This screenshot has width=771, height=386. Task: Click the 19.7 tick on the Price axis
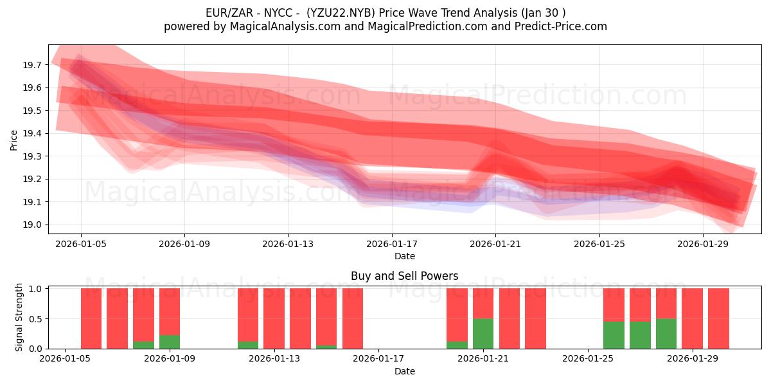pyautogui.click(x=32, y=65)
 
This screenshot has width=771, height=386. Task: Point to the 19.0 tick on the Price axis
pyautogui.click(x=32, y=225)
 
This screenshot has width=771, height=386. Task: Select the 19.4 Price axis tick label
pyautogui.click(x=32, y=133)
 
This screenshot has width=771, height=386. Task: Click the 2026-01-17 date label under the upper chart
pyautogui.click(x=391, y=244)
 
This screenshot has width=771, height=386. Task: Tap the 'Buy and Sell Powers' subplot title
pyautogui.click(x=404, y=276)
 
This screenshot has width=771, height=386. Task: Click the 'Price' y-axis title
pyautogui.click(x=14, y=140)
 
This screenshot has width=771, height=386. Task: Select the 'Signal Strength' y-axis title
pyautogui.click(x=19, y=317)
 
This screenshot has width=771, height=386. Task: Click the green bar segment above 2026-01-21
pyautogui.click(x=483, y=333)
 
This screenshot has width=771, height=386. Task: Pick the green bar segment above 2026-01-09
pyautogui.click(x=170, y=342)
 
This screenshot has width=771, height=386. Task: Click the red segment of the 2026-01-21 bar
pyautogui.click(x=483, y=303)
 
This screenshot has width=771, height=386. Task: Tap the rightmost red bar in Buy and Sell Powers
pyautogui.click(x=718, y=318)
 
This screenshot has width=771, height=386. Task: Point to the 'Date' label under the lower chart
pyautogui.click(x=404, y=371)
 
